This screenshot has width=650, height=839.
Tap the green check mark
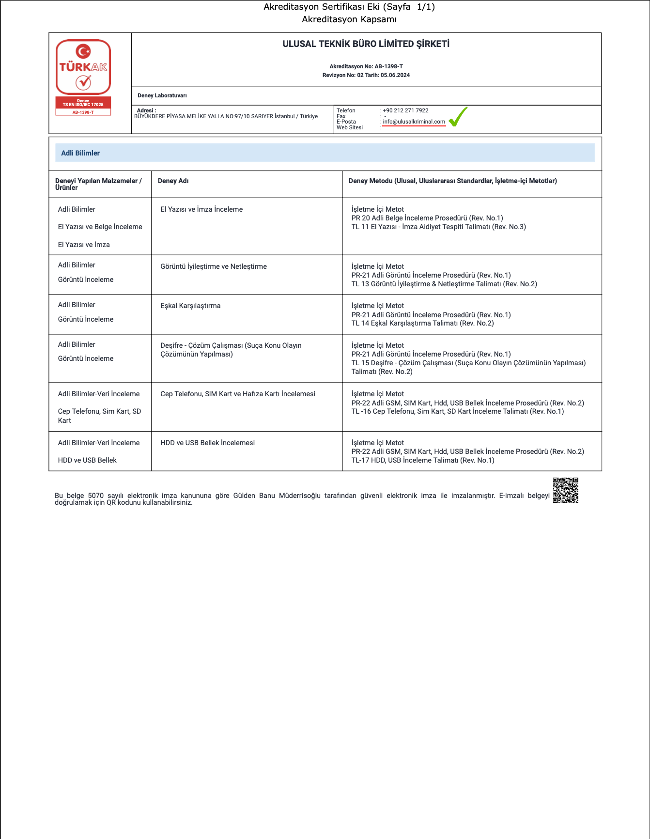[x=458, y=117]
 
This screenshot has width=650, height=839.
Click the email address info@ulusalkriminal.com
[x=414, y=122]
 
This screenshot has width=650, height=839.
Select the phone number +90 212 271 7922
[x=405, y=110]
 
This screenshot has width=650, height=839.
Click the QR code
[x=566, y=490]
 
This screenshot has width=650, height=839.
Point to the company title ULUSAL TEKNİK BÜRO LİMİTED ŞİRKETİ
[x=366, y=44]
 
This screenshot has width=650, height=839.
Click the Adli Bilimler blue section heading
[x=80, y=153]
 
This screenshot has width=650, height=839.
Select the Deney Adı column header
[x=173, y=181]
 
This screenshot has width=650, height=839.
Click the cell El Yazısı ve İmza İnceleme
[x=201, y=209]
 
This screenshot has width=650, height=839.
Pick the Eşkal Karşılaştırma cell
[x=190, y=306]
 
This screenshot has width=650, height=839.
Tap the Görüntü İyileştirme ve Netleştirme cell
[x=214, y=266]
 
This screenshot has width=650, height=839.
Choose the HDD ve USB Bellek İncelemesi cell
[x=207, y=443]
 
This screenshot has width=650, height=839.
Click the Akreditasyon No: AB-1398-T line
[x=366, y=66]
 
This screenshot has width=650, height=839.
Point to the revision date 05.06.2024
[x=395, y=75]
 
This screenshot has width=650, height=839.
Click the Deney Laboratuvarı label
[x=162, y=95]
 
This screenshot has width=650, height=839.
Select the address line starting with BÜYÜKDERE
[x=226, y=116]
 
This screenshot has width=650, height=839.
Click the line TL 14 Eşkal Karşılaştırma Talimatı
[x=422, y=323]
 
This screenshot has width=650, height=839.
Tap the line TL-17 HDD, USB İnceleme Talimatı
[x=422, y=460]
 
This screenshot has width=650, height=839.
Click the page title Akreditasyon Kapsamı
[x=349, y=19]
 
